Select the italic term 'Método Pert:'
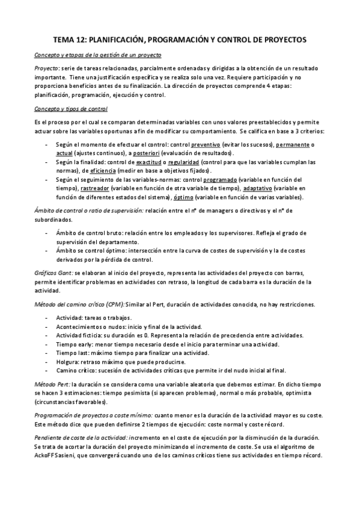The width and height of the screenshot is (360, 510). [52, 382]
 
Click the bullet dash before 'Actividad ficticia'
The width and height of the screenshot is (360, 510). [47, 334]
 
